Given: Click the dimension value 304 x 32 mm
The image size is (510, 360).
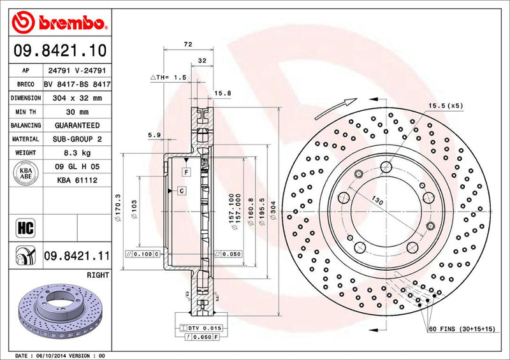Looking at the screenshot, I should point(77,98).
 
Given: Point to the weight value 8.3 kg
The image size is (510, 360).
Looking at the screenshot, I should point(77,154).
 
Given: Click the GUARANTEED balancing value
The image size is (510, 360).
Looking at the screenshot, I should point(77,126).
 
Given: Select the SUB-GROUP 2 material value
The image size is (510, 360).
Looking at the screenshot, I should point(77,140).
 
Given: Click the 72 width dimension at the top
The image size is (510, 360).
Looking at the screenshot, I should point(187,45).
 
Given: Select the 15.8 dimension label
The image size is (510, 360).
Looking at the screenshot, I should point(222,94).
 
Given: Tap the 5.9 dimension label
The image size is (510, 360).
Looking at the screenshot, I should point(153,134).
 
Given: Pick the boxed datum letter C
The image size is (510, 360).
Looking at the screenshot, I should point(182,191).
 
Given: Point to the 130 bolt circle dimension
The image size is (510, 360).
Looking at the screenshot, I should point(378,201).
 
